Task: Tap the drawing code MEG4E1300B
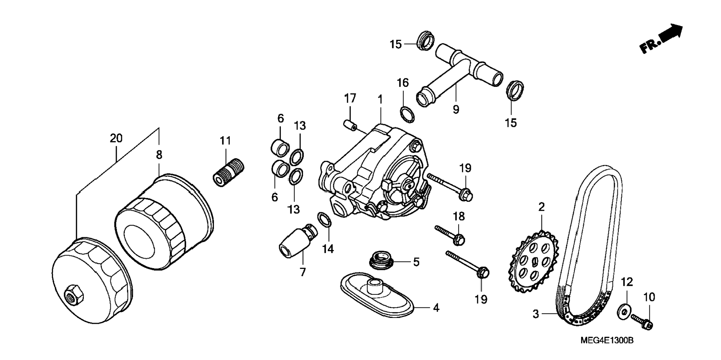click(x=607, y=340)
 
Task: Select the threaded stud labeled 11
click(x=228, y=172)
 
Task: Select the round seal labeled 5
click(x=381, y=260)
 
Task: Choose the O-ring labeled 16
click(x=407, y=114)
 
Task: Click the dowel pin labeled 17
click(x=350, y=125)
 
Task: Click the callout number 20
click(x=116, y=138)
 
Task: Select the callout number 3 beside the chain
click(x=536, y=314)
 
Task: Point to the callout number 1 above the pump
click(x=380, y=99)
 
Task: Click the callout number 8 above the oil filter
click(x=159, y=155)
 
